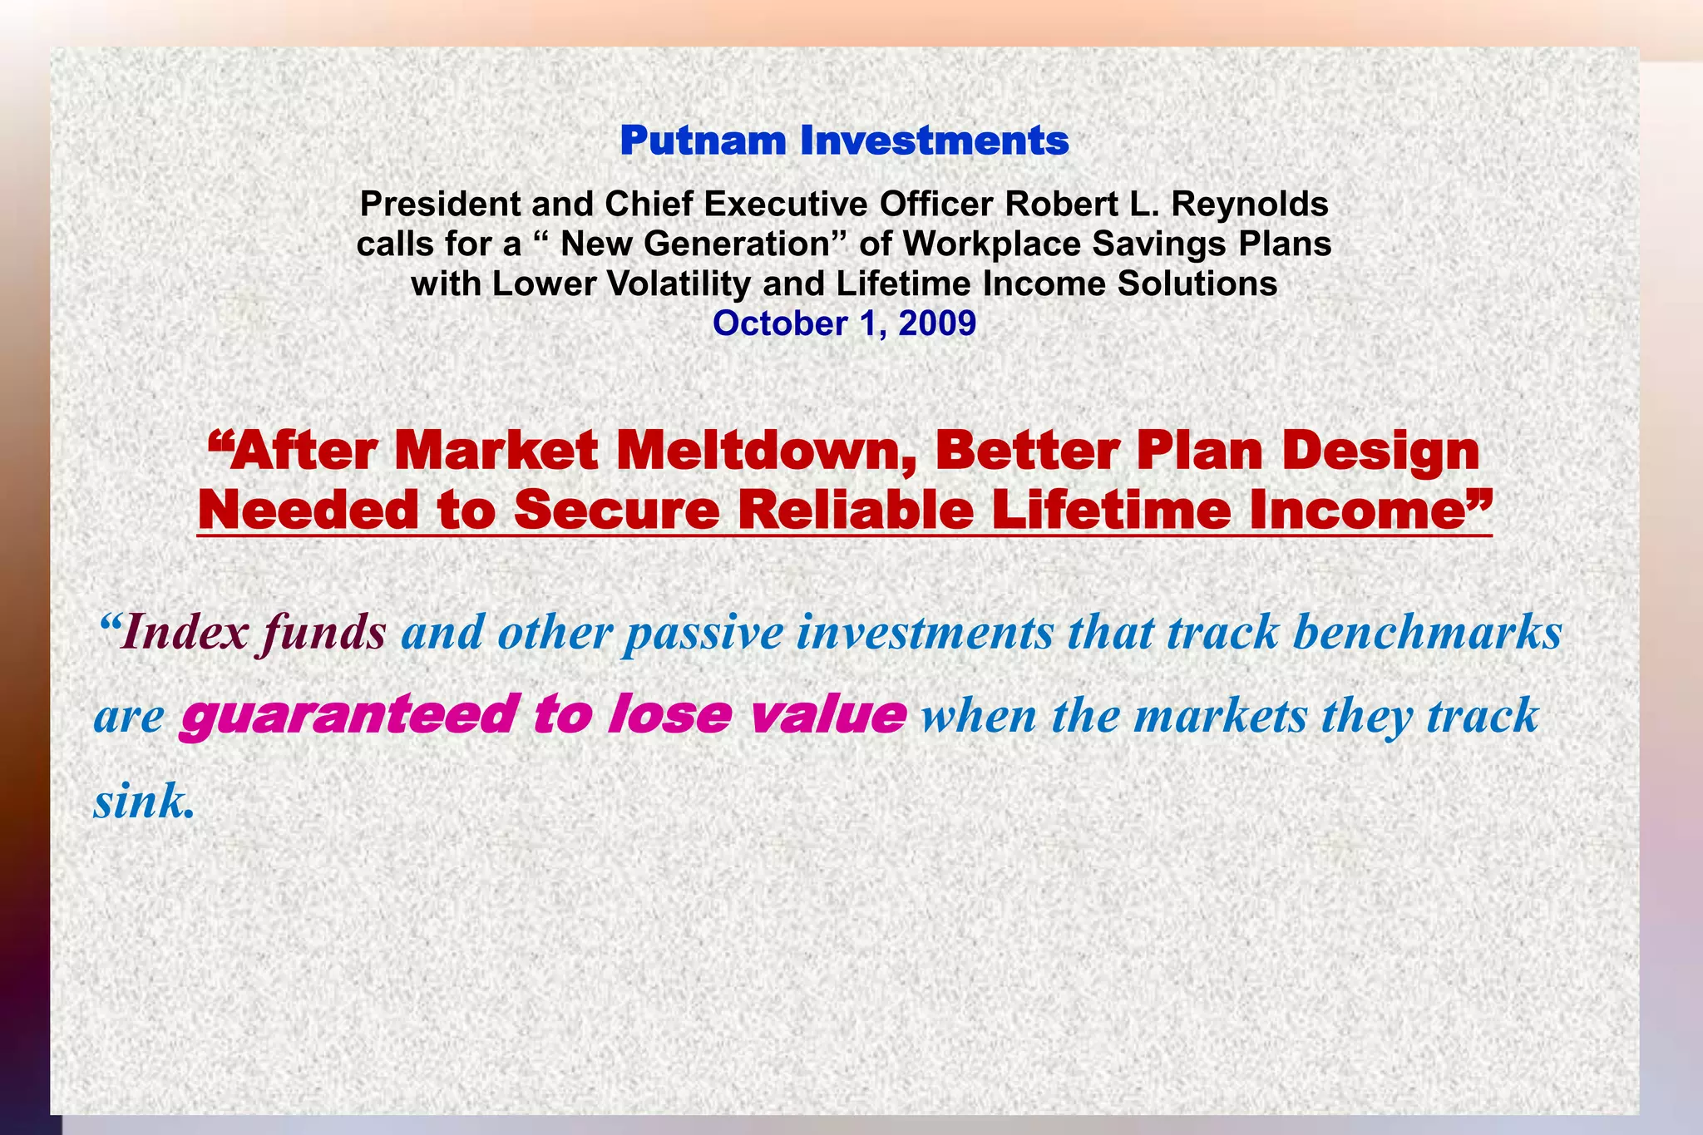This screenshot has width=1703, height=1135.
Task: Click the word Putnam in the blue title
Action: [703, 141]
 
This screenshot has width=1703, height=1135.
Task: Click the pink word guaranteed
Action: [346, 715]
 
